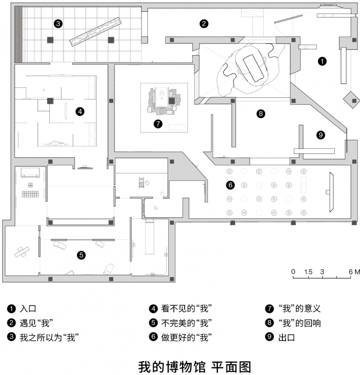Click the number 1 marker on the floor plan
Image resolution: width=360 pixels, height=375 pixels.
pos(322,62)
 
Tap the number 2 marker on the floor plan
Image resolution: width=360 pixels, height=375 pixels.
pos(204,24)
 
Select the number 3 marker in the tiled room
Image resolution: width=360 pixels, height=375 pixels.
pos(58,24)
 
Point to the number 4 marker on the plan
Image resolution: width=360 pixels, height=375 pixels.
pos(80,111)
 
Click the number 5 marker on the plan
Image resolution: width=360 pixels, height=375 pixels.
pos(81,255)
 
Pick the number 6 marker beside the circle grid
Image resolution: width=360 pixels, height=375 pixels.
pos(230,185)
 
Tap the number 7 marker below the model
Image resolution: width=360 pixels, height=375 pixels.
pos(158,124)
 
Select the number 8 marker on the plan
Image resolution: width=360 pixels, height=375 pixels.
pos(261,113)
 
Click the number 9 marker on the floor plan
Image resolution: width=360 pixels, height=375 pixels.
pos(321,135)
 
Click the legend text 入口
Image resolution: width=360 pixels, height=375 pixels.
pos(28,309)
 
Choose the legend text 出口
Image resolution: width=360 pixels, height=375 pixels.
pos(286,337)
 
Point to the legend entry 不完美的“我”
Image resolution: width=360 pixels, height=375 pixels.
pos(186,323)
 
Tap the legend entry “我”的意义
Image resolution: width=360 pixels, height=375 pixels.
pos(300,309)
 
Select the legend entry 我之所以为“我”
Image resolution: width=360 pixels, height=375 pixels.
pos(49,337)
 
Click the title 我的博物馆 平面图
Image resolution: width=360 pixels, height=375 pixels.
pos(195,367)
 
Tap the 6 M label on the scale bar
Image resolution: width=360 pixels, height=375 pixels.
pos(354,272)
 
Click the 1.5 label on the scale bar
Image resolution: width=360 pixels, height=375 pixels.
pos(308,272)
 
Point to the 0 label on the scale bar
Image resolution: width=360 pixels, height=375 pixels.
pos(293,272)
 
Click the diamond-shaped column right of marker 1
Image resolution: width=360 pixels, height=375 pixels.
pos(352,100)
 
